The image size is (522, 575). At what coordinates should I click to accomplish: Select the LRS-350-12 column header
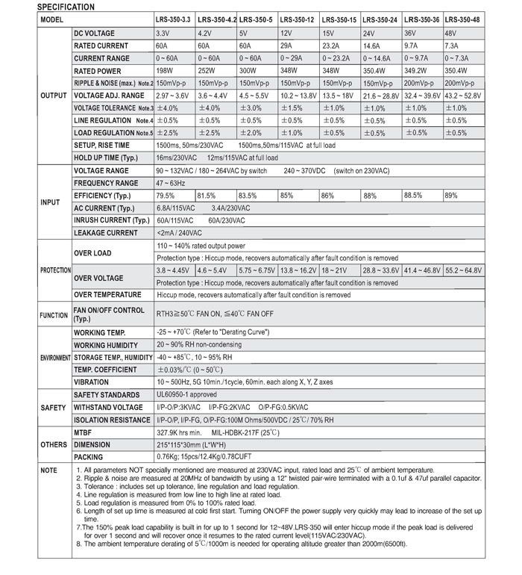click(297, 19)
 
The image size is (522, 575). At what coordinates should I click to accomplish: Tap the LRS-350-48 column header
click(462, 19)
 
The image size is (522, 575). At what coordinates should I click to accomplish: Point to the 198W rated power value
click(166, 70)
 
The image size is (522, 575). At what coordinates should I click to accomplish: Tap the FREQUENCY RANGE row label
click(106, 183)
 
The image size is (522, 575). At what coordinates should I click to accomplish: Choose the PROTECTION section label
click(34, 270)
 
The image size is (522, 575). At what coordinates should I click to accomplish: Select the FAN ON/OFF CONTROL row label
click(109, 314)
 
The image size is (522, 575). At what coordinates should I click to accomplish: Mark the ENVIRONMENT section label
click(34, 358)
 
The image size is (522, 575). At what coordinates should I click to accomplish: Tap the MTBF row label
click(83, 432)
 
